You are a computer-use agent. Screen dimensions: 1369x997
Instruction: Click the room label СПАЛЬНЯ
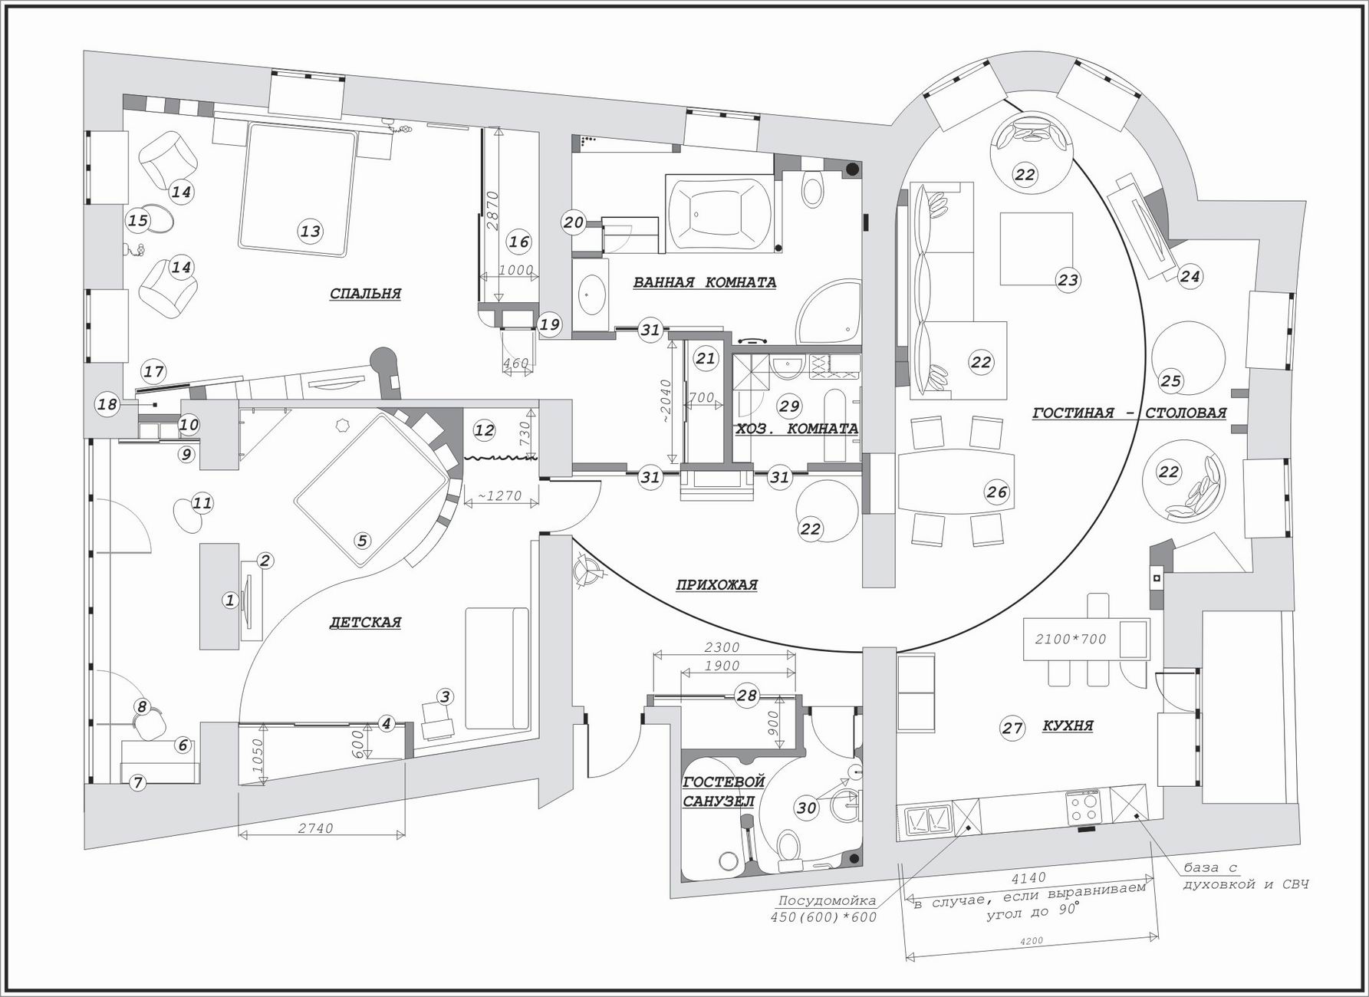tap(365, 294)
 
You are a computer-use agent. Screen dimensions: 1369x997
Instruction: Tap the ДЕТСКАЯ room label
tap(365, 622)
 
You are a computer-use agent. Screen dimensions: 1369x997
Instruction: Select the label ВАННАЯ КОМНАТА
tap(704, 282)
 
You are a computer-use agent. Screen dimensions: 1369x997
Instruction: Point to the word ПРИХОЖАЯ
tap(716, 584)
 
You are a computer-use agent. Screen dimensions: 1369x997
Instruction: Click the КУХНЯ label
tap(1068, 726)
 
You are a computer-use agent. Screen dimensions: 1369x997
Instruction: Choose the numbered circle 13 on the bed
tap(310, 231)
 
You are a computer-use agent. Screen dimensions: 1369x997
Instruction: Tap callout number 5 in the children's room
tap(362, 541)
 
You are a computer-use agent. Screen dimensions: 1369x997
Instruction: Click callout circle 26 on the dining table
tap(997, 492)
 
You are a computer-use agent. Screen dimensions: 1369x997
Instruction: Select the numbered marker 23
tap(1068, 280)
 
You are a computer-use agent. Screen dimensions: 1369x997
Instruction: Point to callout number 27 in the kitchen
tap(1012, 728)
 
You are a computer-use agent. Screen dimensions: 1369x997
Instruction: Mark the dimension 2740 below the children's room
tap(315, 828)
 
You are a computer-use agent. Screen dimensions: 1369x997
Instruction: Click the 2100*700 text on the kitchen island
tap(1070, 639)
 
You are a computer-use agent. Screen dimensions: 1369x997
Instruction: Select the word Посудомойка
tap(827, 901)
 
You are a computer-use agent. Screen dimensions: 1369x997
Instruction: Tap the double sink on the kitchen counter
tap(929, 820)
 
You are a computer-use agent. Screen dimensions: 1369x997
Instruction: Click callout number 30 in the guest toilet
tap(806, 808)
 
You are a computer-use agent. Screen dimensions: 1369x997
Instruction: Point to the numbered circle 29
tap(788, 406)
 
